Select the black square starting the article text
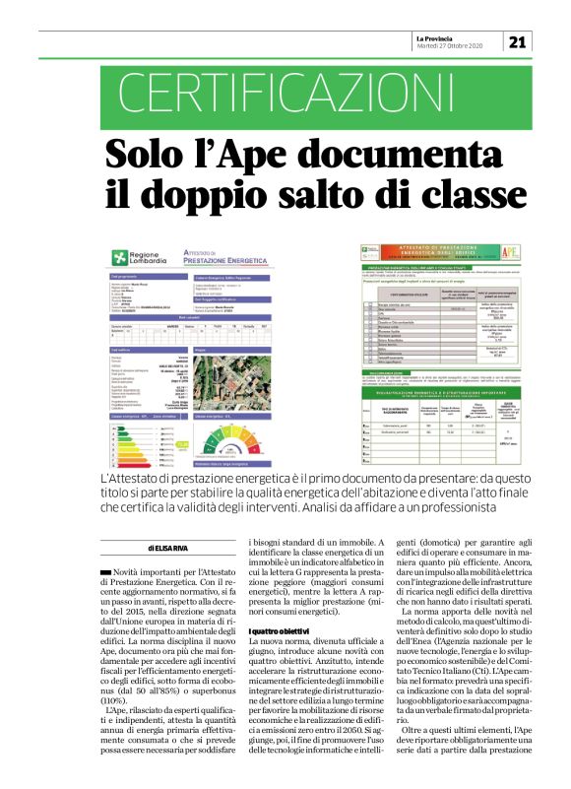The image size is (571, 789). click(105, 571)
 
